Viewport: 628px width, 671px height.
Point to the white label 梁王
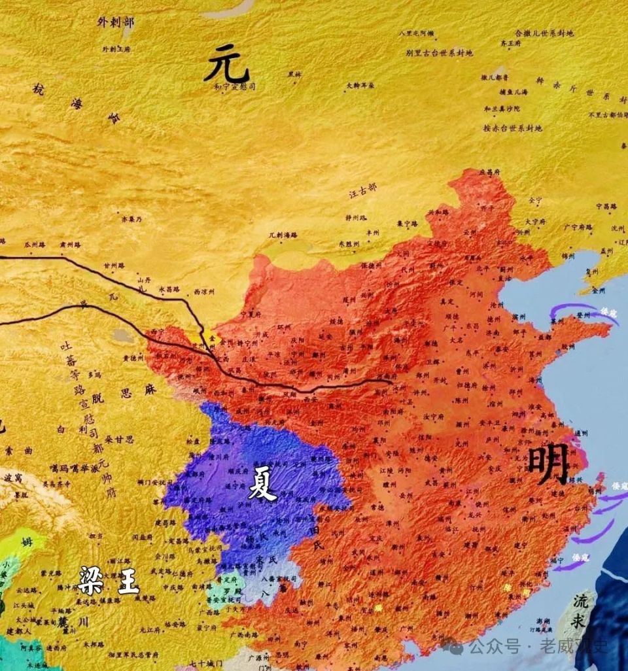point(109,580)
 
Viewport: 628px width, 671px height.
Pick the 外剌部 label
point(116,22)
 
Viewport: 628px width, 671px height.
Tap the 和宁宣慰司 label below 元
point(234,86)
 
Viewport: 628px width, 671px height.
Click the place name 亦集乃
point(131,219)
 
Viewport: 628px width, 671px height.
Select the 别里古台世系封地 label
point(439,53)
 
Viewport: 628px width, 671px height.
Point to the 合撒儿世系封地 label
point(544,33)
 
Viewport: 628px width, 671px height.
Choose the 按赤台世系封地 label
point(513,128)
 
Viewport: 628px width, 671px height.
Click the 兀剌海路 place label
point(283,234)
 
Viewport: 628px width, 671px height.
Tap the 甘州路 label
point(114,266)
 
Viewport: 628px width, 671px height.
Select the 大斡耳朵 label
point(360,85)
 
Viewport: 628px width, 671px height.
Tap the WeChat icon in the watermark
point(454,647)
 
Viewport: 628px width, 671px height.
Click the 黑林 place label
point(295,75)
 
